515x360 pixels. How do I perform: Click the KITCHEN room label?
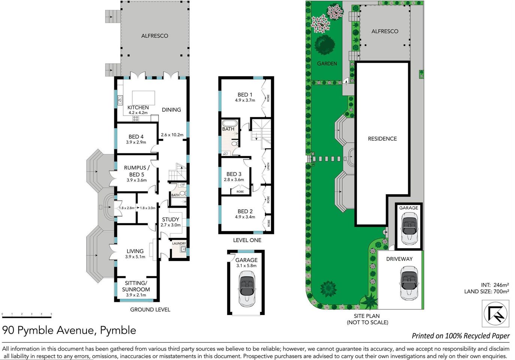pyautogui.click(x=138, y=108)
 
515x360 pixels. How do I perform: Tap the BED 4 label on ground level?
pyautogui.click(x=136, y=137)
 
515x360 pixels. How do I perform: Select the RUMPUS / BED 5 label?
pyautogui.click(x=137, y=171)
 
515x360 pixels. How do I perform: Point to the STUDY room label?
pyautogui.click(x=171, y=219)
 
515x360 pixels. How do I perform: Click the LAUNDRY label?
pyautogui.click(x=179, y=243)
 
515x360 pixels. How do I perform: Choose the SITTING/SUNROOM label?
pyautogui.click(x=136, y=286)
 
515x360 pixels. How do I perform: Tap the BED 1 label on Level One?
pyautogui.click(x=245, y=95)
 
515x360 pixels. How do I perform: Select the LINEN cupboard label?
pyautogui.click(x=268, y=166)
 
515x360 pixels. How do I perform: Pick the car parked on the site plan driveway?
pyautogui.click(x=409, y=283)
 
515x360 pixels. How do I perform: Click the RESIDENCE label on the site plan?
pyautogui.click(x=382, y=139)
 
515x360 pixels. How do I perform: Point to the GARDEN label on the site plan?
pyautogui.click(x=327, y=64)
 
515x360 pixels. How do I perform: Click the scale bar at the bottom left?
pyautogui.click(x=27, y=317)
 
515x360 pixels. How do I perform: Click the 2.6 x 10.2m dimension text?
pyautogui.click(x=172, y=135)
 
